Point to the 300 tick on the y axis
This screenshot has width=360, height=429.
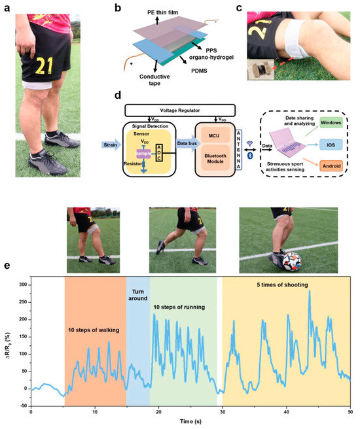[26, 285]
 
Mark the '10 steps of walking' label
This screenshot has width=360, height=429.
[94, 330]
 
